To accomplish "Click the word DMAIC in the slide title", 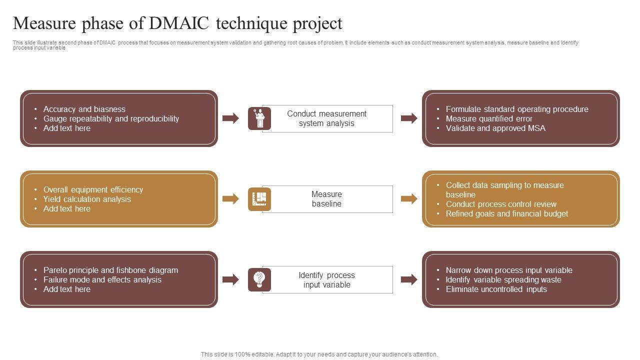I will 182,23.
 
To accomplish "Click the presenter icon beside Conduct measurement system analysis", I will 259,118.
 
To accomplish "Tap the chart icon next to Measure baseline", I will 259,199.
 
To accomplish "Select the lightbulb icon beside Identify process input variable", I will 259,279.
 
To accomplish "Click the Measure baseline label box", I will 327,199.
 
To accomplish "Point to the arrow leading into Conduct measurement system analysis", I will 230,118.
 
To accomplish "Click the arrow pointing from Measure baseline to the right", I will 409,199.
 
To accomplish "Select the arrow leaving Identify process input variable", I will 409,279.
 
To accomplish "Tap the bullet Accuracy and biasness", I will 84,109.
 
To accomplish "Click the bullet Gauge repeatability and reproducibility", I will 111,118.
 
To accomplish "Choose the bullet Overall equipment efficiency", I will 93,189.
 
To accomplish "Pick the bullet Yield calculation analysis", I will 87,199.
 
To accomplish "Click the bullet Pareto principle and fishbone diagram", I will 110,270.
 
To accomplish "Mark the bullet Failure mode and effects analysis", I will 102,279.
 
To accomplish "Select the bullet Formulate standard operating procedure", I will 517,109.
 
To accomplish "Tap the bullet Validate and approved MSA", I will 495,128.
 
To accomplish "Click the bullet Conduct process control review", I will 501,204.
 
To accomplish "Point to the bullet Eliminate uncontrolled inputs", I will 496,289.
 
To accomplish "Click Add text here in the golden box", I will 66,208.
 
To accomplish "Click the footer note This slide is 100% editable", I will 319,354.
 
